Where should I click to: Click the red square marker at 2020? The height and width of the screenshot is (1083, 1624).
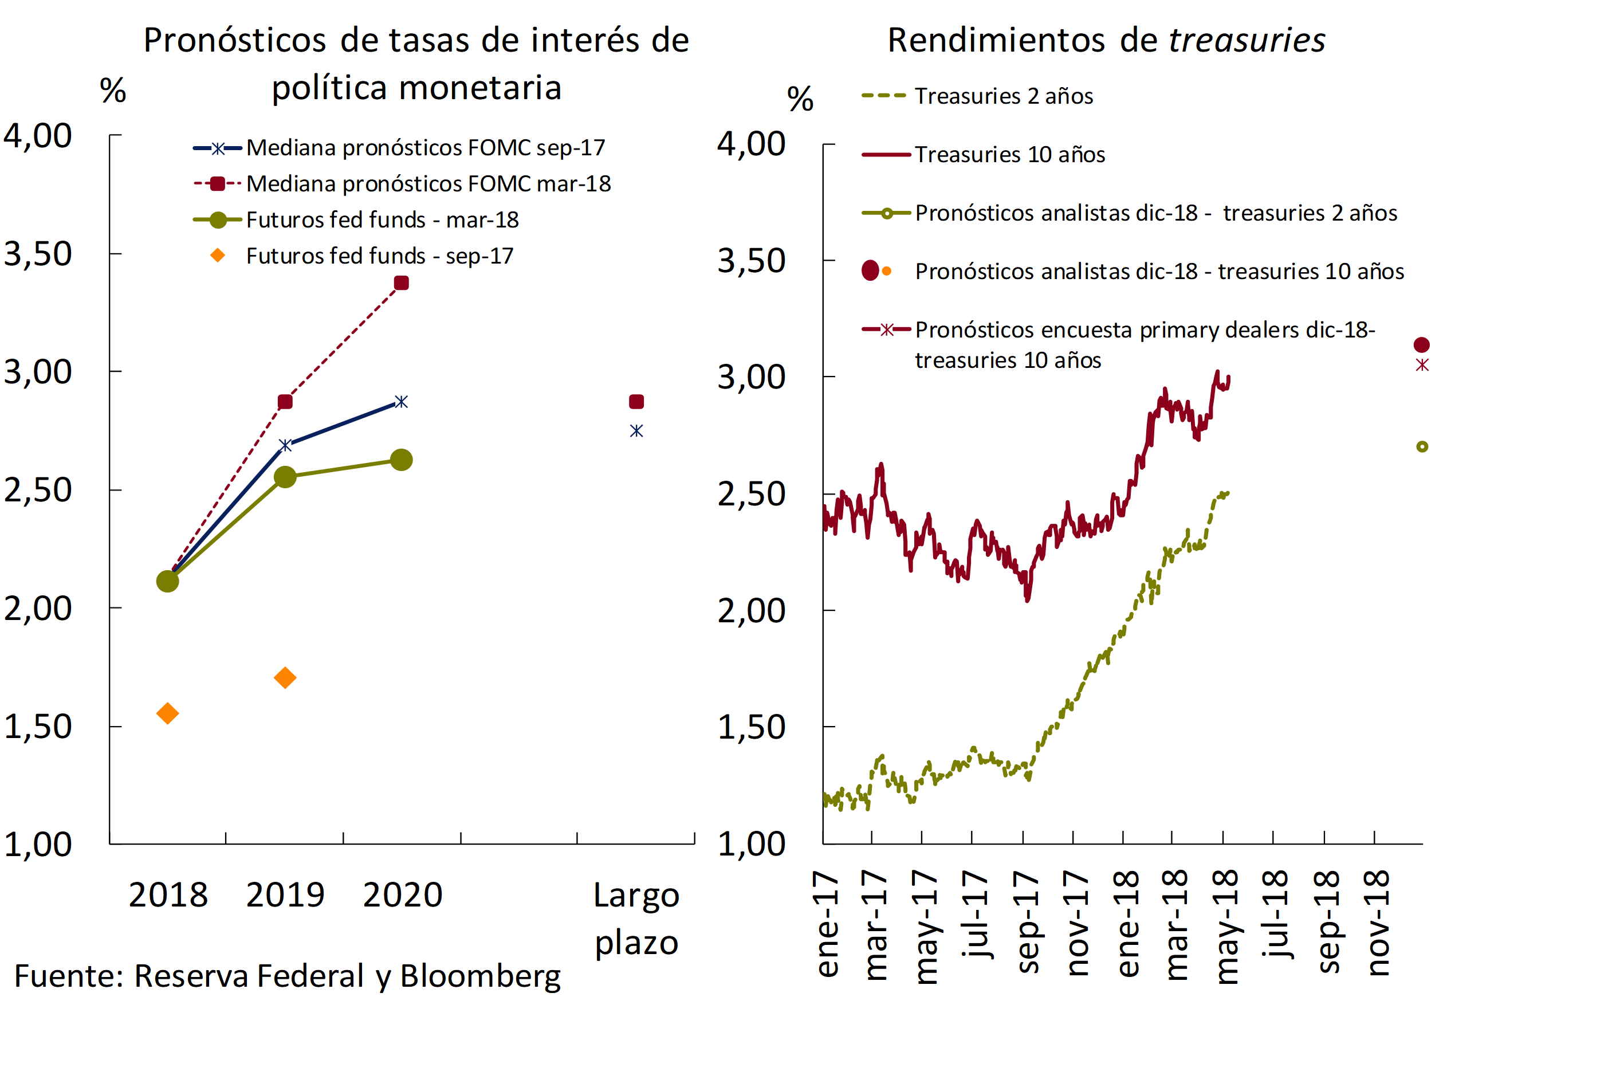point(401,283)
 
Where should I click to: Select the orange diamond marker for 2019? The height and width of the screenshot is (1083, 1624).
point(285,677)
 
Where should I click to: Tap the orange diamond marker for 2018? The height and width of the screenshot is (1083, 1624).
point(168,713)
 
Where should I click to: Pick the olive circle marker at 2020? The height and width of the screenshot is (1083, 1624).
point(401,460)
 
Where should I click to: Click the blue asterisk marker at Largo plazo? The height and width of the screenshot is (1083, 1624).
point(636,431)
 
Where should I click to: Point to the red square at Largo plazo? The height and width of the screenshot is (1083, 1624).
point(636,402)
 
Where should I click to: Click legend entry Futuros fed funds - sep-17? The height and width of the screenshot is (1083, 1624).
point(379,256)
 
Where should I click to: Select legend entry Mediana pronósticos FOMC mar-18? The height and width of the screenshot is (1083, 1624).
point(428,184)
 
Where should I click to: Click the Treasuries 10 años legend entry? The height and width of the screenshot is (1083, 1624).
point(1009,155)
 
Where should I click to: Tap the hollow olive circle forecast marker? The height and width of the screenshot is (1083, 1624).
point(1422,447)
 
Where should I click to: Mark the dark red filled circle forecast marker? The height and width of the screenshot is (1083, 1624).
point(1422,344)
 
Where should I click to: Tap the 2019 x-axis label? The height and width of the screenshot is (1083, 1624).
point(285,895)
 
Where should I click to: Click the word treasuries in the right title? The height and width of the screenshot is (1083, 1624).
point(1246,40)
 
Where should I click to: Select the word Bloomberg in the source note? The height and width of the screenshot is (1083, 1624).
point(481,976)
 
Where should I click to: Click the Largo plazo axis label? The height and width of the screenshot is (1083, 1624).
point(636,919)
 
